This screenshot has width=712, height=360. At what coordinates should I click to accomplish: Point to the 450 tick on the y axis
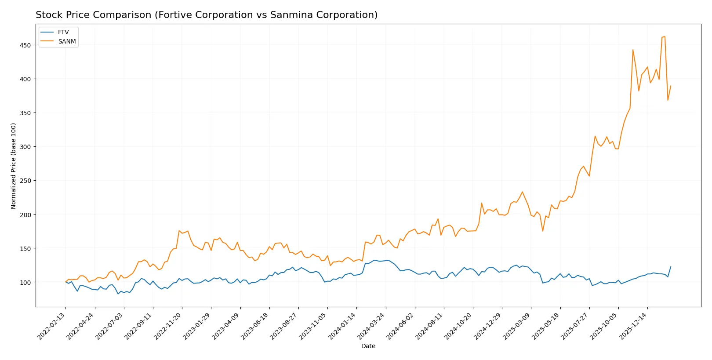click(x=25, y=45)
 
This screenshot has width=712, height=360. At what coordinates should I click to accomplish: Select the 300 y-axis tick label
click(x=25, y=147)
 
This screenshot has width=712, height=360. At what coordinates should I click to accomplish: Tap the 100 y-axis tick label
click(x=25, y=282)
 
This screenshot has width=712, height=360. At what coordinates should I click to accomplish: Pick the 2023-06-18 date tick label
click(x=256, y=326)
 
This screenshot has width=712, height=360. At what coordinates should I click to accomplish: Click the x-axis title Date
click(x=368, y=346)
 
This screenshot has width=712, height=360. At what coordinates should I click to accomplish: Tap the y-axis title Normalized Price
click(x=14, y=166)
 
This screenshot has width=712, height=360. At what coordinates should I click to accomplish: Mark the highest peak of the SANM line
click(x=665, y=36)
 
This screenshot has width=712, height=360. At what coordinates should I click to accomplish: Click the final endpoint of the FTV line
click(x=671, y=267)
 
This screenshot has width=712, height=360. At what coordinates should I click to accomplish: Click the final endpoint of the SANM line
click(x=671, y=86)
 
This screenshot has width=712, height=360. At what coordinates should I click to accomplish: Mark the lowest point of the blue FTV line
click(x=118, y=294)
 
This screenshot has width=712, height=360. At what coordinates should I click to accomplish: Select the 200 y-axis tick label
click(x=25, y=215)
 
